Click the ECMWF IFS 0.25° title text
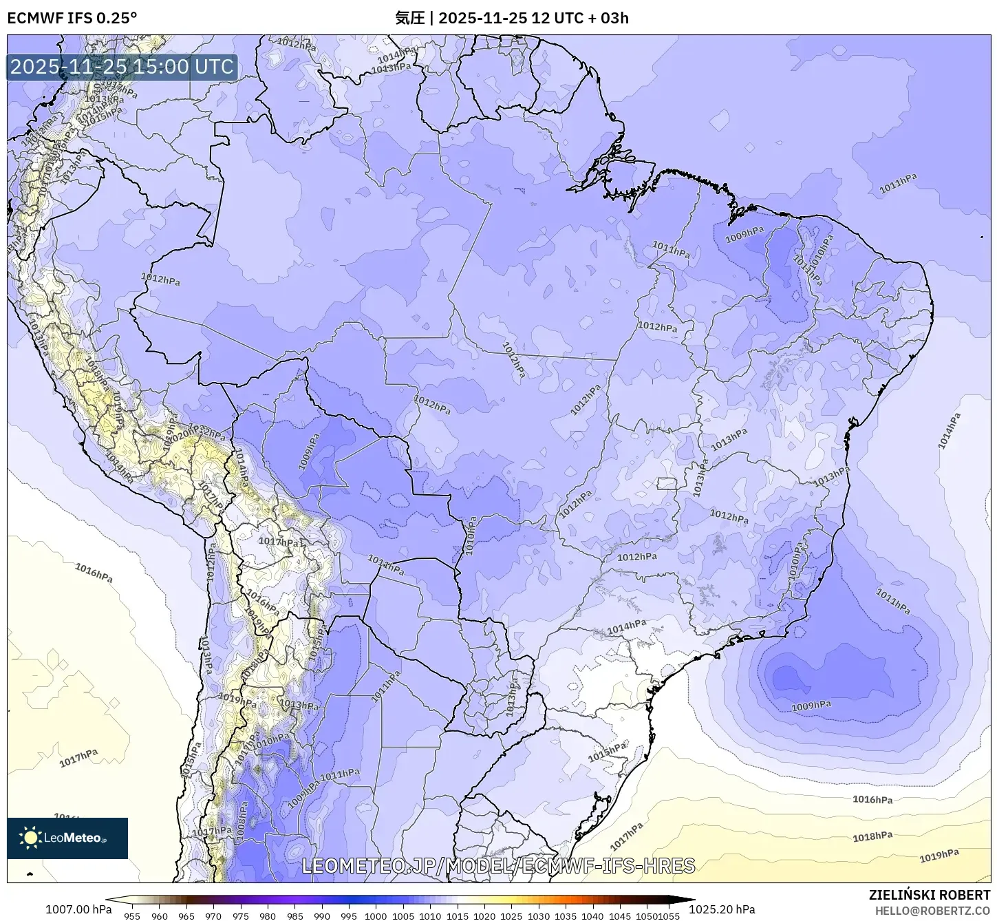(x=72, y=18)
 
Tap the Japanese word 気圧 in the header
(x=409, y=18)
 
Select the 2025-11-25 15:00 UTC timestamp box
(x=122, y=67)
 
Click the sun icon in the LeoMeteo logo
(x=30, y=838)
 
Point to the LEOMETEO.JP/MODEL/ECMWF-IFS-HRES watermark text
(x=498, y=865)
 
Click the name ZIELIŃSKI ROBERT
(x=929, y=895)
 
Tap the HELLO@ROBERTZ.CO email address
(x=932, y=910)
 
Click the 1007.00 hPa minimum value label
(x=78, y=909)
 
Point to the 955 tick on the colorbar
(x=132, y=915)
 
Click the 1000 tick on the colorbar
(x=376, y=915)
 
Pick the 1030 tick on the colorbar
(x=538, y=915)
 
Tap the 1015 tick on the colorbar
(x=457, y=915)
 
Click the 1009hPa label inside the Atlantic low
(x=811, y=706)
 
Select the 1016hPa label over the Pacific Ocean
(x=94, y=573)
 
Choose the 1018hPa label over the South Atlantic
(x=872, y=836)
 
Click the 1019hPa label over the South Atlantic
(x=939, y=856)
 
